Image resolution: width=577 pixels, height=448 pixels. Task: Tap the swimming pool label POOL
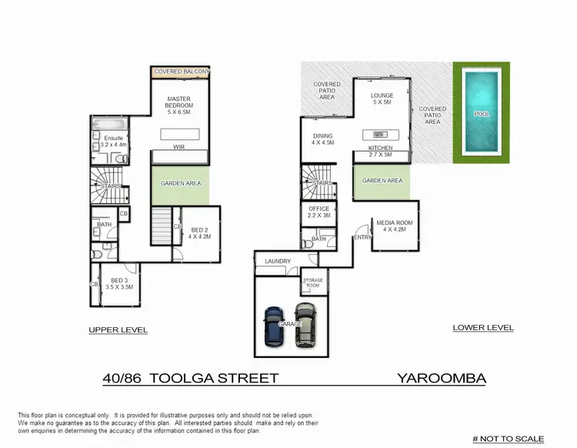click(482, 114)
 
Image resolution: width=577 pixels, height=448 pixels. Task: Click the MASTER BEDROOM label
click(179, 102)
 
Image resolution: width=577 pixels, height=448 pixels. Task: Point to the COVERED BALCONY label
click(182, 72)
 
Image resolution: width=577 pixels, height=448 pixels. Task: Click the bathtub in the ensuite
click(103, 125)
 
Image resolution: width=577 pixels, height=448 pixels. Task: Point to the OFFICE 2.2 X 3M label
click(319, 212)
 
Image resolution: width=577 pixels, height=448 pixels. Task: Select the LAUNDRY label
click(278, 262)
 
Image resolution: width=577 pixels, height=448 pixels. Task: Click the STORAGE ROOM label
click(312, 283)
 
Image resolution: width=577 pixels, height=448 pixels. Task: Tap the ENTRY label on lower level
click(361, 238)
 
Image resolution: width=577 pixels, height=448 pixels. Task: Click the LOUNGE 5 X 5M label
click(382, 99)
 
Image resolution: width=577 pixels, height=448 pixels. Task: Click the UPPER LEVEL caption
click(118, 329)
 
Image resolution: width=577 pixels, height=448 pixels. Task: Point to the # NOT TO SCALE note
click(508, 439)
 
